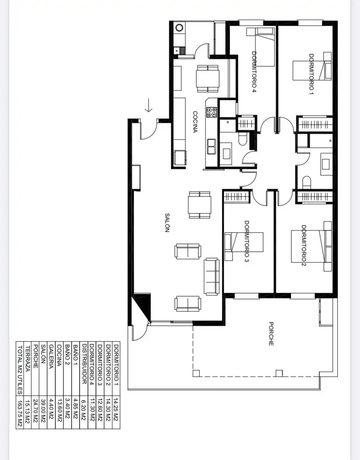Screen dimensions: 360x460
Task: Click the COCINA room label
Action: point(195,122)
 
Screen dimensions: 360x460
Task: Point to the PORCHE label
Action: point(271,333)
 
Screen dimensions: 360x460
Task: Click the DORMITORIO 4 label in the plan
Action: point(254,72)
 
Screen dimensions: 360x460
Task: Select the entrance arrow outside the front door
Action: point(149,105)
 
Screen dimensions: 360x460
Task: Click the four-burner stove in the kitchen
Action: point(211,112)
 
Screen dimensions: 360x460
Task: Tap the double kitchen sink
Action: point(211,147)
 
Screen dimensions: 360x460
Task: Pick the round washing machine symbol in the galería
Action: point(180,28)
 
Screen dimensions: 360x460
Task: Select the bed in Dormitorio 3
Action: point(244,246)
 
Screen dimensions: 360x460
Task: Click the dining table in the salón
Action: point(200,205)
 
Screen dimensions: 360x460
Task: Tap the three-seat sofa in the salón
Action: point(211,276)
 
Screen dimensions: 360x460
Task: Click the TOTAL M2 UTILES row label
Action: point(20,370)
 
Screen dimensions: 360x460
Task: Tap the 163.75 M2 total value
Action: point(20,412)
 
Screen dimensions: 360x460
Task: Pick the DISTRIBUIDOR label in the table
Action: point(84,364)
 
